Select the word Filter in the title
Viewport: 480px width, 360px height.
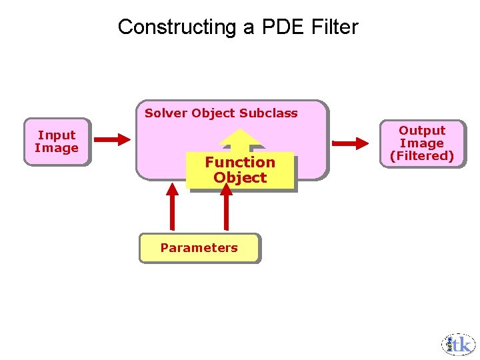tap(335, 27)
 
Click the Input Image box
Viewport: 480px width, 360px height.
tap(57, 141)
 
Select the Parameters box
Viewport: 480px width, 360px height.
tap(199, 248)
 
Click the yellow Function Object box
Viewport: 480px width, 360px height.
tap(240, 171)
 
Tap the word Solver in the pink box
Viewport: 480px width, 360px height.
tap(166, 113)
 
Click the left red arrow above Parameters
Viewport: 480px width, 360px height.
tap(173, 207)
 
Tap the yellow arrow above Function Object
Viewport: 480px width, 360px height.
tap(240, 139)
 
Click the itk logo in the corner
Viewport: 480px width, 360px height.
tap(458, 345)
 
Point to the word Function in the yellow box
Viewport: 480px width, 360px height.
tap(240, 162)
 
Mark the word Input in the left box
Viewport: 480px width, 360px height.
tap(57, 135)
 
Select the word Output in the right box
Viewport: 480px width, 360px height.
tap(421, 131)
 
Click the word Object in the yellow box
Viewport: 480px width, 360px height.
tap(240, 178)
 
